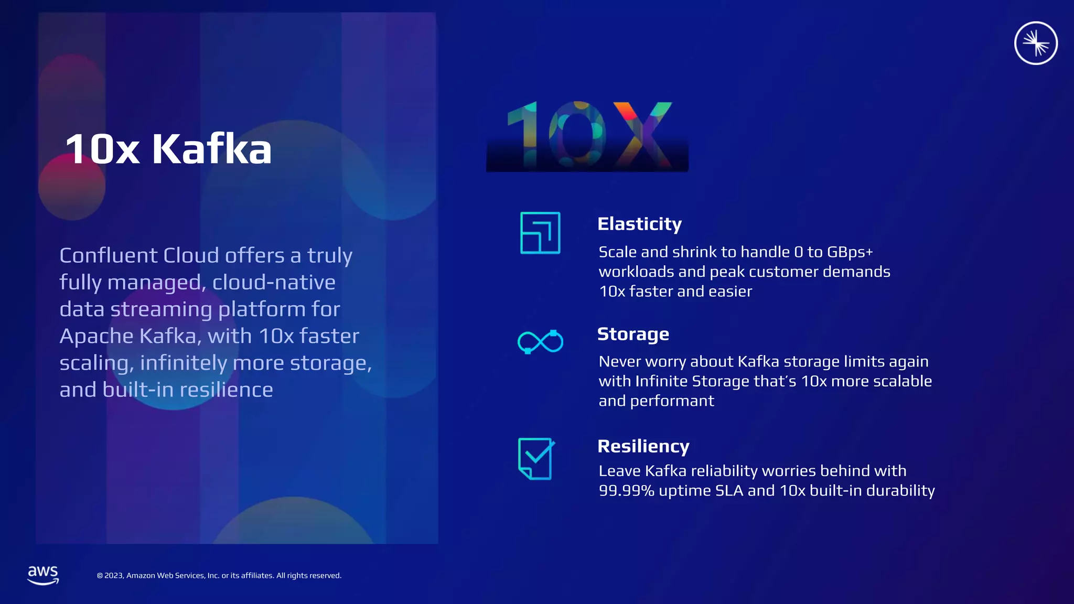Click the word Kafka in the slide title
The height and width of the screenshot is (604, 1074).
pyautogui.click(x=212, y=149)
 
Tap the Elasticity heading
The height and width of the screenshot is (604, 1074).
pyautogui.click(x=639, y=224)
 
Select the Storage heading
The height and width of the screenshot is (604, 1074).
pyautogui.click(x=633, y=334)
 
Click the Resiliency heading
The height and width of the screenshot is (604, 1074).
pyautogui.click(x=643, y=446)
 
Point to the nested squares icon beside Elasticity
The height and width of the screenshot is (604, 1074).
pyautogui.click(x=540, y=233)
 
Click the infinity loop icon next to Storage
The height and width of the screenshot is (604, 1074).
pyautogui.click(x=540, y=342)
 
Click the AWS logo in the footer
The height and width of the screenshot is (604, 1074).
pyautogui.click(x=43, y=575)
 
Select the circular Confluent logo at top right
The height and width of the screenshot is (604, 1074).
pyautogui.click(x=1036, y=43)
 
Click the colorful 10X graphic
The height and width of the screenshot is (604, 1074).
pyautogui.click(x=587, y=135)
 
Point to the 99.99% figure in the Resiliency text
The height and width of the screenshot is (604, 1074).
pyautogui.click(x=626, y=491)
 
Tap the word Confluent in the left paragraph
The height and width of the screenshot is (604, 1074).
pyautogui.click(x=109, y=255)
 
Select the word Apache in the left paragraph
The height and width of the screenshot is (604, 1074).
pyautogui.click(x=96, y=336)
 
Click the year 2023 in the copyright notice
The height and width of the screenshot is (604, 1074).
pyautogui.click(x=114, y=576)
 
